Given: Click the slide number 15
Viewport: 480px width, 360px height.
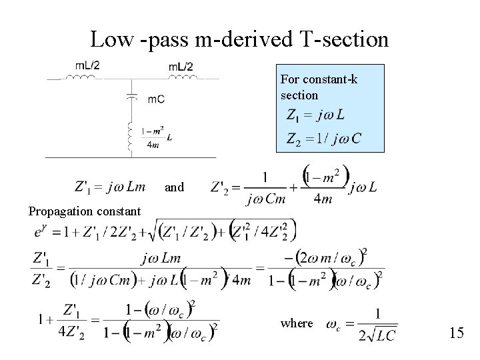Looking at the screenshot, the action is (457, 332).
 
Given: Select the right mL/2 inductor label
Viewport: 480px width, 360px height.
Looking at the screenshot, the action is (180, 65).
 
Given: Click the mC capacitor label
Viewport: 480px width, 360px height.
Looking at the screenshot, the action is (156, 99).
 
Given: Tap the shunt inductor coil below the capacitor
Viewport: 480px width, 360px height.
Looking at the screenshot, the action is (131, 137).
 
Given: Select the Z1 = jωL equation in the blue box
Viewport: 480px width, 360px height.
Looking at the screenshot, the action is (315, 115).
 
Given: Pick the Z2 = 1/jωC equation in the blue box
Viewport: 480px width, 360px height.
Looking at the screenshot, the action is (323, 139).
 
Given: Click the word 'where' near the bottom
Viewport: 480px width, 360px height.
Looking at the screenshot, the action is (297, 323).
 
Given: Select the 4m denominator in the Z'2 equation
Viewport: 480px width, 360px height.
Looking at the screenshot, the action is (323, 199).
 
